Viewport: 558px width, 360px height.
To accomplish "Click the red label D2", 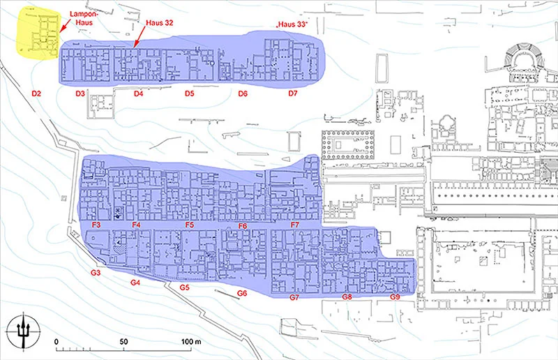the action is [36, 93].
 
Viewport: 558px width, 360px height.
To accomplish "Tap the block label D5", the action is [189, 93].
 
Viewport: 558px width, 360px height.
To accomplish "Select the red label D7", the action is [292, 93].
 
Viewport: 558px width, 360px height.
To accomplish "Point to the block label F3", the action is [96, 225].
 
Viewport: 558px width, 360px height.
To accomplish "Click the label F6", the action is [243, 226].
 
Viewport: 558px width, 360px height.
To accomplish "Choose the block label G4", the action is [135, 283].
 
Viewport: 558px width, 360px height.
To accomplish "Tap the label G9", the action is [395, 297].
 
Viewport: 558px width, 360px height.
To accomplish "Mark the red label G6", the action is [242, 294].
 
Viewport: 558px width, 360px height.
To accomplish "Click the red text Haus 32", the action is [160, 23].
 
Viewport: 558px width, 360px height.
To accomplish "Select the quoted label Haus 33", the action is [292, 24].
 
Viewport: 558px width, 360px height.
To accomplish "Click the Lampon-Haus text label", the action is [84, 18].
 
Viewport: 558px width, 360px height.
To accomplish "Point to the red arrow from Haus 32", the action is [140, 37].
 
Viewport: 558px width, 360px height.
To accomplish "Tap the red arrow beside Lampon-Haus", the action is [63, 26].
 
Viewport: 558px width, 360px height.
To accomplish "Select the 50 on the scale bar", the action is [123, 341].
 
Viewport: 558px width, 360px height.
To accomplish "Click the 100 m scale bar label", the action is [191, 341].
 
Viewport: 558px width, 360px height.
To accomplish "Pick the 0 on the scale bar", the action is [56, 341].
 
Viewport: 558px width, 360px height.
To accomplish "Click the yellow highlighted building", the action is [38, 33].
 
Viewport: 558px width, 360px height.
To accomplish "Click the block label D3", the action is [80, 93].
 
